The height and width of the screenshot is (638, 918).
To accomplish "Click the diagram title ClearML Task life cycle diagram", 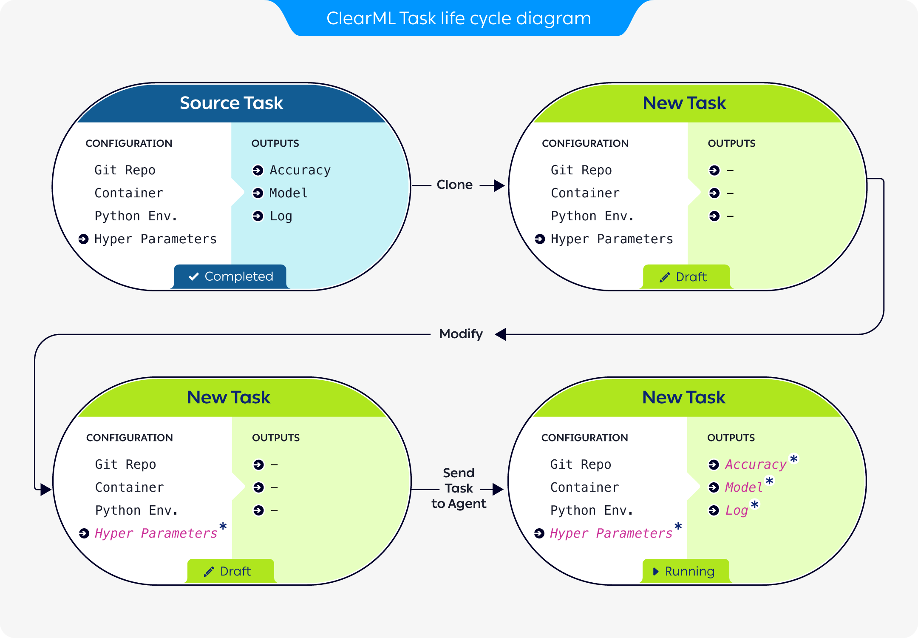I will tap(459, 19).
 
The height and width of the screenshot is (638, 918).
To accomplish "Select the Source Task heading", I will tap(231, 103).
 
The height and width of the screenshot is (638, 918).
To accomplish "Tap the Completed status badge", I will tap(230, 276).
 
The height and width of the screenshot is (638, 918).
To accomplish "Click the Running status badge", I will tap(686, 571).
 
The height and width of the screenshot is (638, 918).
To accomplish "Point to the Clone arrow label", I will tap(454, 185).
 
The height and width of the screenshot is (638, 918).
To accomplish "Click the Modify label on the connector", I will tap(461, 334).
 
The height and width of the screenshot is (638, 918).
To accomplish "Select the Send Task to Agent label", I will tap(459, 488).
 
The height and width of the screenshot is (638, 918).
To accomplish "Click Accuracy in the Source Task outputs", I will tap(300, 170).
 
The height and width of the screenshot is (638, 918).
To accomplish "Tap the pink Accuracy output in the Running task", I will tap(756, 464).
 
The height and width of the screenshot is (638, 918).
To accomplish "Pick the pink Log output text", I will tap(736, 510).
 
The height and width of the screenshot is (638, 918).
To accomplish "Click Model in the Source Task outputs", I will tap(289, 193).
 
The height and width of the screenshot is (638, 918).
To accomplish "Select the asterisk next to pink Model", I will tap(769, 481).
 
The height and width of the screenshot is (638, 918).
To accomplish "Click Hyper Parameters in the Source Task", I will tap(156, 239).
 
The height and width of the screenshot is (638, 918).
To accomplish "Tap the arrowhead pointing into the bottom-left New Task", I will tap(45, 489).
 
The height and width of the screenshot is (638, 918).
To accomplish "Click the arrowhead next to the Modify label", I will tap(501, 334).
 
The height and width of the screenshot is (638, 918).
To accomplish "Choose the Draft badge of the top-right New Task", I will tap(686, 277).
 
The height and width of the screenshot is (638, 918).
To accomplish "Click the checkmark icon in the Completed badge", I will tap(194, 276).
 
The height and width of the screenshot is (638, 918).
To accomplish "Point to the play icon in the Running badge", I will tap(656, 571).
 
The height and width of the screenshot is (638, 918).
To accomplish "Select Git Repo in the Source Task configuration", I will tap(125, 170).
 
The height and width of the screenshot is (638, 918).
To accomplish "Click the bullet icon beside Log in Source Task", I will tap(258, 216).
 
